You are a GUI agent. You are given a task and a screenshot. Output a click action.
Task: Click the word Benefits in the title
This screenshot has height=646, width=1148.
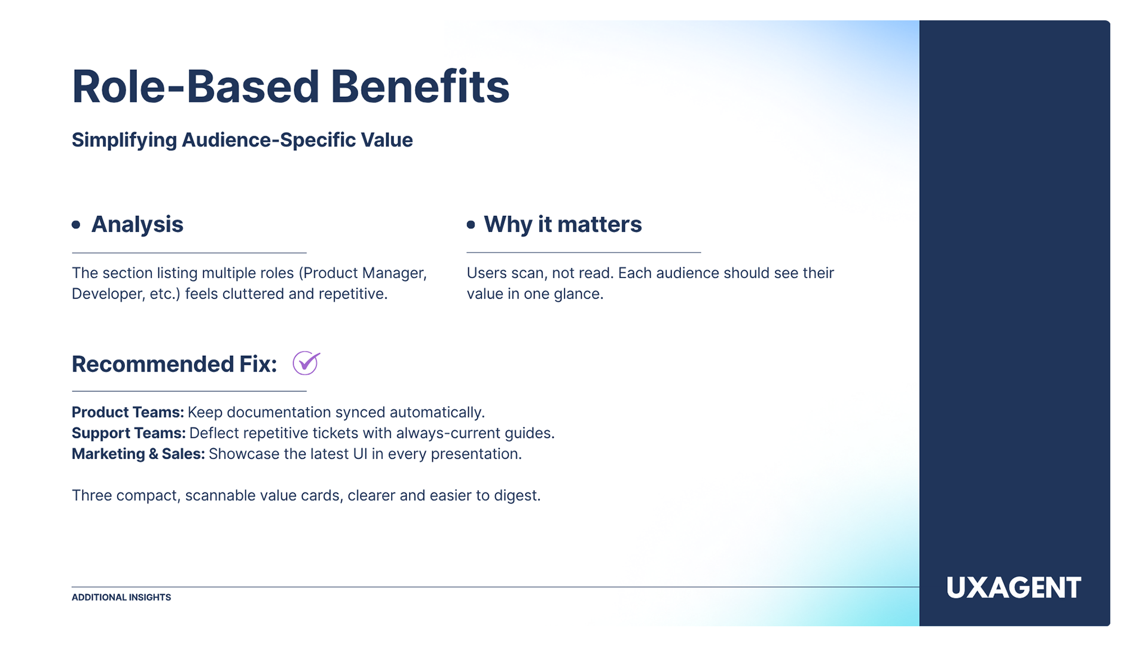(420, 87)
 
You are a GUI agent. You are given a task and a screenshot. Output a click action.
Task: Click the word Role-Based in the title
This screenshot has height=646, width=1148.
(196, 87)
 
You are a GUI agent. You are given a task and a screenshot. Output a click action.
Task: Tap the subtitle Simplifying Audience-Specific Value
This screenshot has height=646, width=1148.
(242, 140)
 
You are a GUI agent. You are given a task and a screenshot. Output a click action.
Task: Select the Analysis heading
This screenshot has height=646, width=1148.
(137, 224)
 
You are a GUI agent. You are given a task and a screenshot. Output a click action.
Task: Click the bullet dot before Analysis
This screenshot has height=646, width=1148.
(76, 225)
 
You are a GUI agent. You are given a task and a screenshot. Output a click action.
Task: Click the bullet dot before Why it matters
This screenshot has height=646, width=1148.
(471, 225)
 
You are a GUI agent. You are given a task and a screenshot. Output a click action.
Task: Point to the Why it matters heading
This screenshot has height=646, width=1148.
(562, 224)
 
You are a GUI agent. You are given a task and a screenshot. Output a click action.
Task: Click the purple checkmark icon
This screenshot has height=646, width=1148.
(306, 363)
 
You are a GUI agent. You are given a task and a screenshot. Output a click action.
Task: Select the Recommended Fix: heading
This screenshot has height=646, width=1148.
(174, 364)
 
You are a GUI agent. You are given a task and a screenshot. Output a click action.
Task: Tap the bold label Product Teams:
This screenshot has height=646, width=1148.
(127, 412)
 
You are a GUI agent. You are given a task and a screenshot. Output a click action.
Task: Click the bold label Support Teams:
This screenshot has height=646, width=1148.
(129, 433)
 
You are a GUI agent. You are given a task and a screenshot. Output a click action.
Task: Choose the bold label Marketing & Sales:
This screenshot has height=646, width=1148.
(138, 454)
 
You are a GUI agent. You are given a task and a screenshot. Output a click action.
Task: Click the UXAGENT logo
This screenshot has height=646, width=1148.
(1013, 588)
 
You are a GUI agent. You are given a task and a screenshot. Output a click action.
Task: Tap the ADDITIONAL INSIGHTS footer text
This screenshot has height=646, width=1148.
(121, 598)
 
